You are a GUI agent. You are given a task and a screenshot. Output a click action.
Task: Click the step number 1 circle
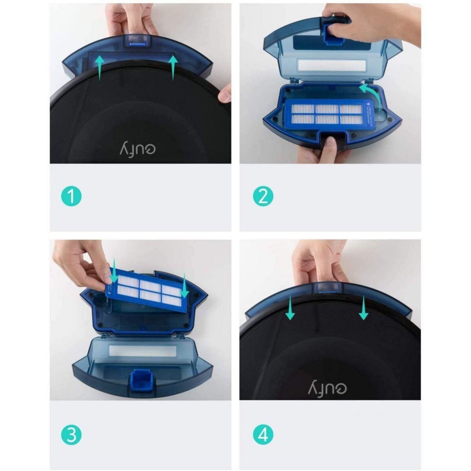[x=71, y=196]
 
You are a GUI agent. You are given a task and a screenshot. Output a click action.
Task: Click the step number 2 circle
[x=263, y=196]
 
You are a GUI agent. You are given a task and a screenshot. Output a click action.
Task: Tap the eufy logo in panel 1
[x=137, y=150]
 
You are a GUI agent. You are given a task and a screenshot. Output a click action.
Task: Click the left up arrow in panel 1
[x=100, y=67]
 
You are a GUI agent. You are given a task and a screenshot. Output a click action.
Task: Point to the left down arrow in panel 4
[x=290, y=308]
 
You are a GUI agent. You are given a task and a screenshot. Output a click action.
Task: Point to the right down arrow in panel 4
[x=363, y=308]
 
